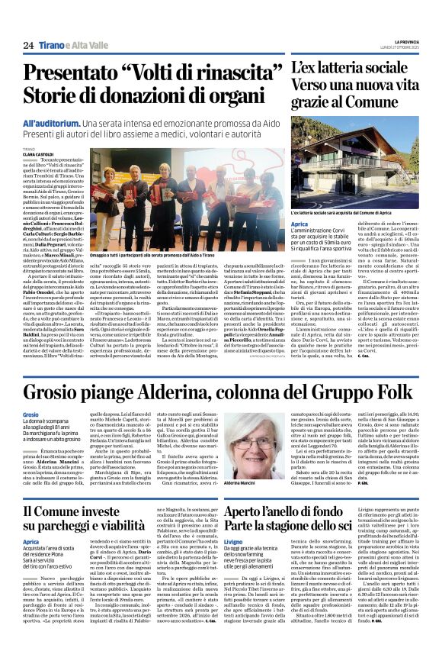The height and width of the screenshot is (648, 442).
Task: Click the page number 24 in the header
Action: pos(28,45)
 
